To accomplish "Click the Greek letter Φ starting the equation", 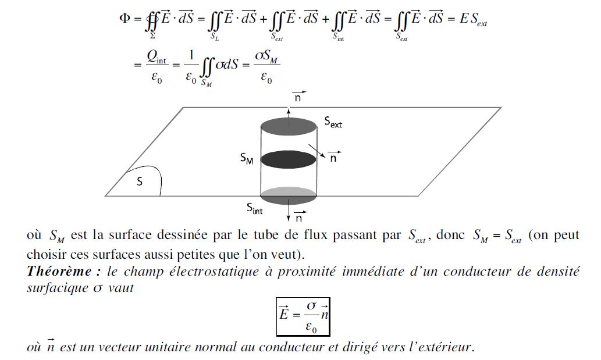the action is pos(125,18).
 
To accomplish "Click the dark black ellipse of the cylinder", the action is pos(289,159).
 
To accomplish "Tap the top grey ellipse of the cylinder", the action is pos(289,126).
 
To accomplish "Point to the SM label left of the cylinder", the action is pos(247,158).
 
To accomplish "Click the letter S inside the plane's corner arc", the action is pos(139,182).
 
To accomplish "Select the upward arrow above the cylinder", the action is pos(289,112).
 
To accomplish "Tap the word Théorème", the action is pos(53,272).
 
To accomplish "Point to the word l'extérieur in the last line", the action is pos(440,348).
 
